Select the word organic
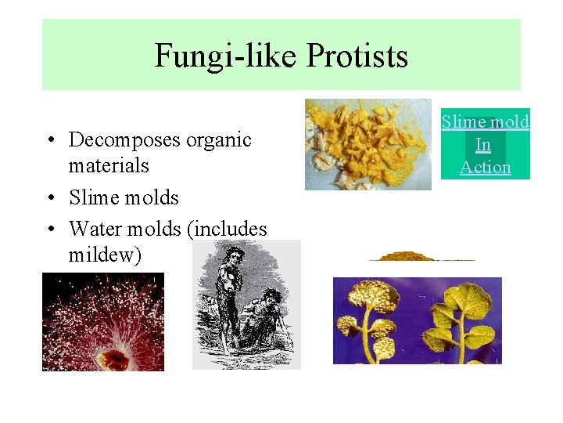tap(224, 140)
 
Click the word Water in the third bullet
tap(95, 230)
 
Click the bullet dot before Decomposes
tap(49, 142)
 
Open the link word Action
tap(485, 167)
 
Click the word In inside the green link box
tap(483, 145)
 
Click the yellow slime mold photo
tap(368, 144)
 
